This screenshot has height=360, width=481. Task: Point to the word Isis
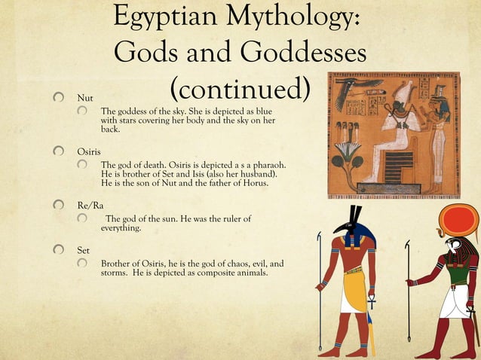183,175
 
